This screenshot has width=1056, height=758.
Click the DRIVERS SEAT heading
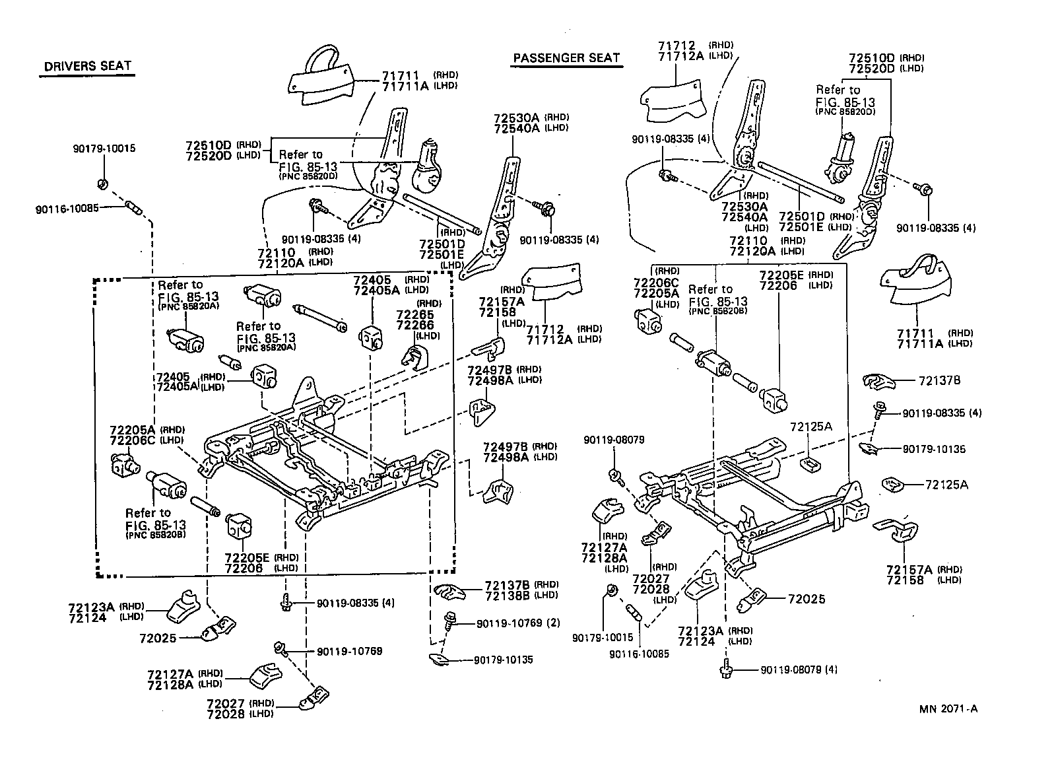(x=87, y=66)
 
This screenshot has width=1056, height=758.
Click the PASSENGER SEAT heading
(x=567, y=57)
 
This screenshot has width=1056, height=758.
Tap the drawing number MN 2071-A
(x=948, y=709)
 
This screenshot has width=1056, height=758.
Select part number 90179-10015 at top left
(x=104, y=148)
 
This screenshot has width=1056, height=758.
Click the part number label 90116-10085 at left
(x=67, y=208)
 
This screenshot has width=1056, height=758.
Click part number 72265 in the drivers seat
(x=415, y=315)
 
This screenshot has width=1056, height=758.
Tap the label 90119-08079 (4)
(x=799, y=670)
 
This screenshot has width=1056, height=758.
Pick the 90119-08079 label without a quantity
(x=614, y=440)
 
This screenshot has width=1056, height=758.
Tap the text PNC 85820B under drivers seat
(x=155, y=535)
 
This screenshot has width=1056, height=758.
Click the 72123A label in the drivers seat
(x=91, y=606)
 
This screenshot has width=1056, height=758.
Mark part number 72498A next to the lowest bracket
(x=502, y=456)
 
